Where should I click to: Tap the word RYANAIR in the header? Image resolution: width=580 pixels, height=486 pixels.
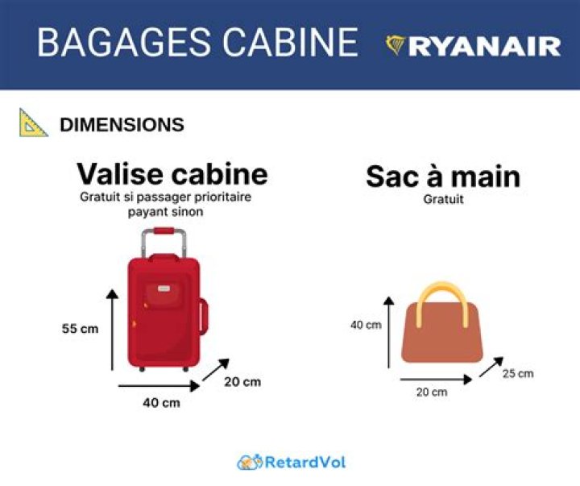point(484,46)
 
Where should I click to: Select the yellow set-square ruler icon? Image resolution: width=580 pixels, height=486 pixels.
point(33,123)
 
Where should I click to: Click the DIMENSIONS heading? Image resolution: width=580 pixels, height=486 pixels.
point(122,125)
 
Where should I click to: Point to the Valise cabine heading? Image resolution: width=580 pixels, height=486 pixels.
point(172,173)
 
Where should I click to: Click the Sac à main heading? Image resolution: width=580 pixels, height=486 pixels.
point(442,177)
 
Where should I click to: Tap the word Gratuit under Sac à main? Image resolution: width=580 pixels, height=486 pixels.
point(443,199)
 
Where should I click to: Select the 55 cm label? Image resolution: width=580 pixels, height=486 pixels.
point(80,329)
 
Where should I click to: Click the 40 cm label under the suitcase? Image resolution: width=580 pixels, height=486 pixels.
point(161,402)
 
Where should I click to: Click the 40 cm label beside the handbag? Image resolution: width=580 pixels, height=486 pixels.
point(366,326)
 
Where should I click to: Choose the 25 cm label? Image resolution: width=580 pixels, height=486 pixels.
point(517,374)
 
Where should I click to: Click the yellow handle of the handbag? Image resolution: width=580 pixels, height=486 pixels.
point(441,291)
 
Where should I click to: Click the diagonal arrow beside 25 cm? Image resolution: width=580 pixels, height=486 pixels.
point(491,368)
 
